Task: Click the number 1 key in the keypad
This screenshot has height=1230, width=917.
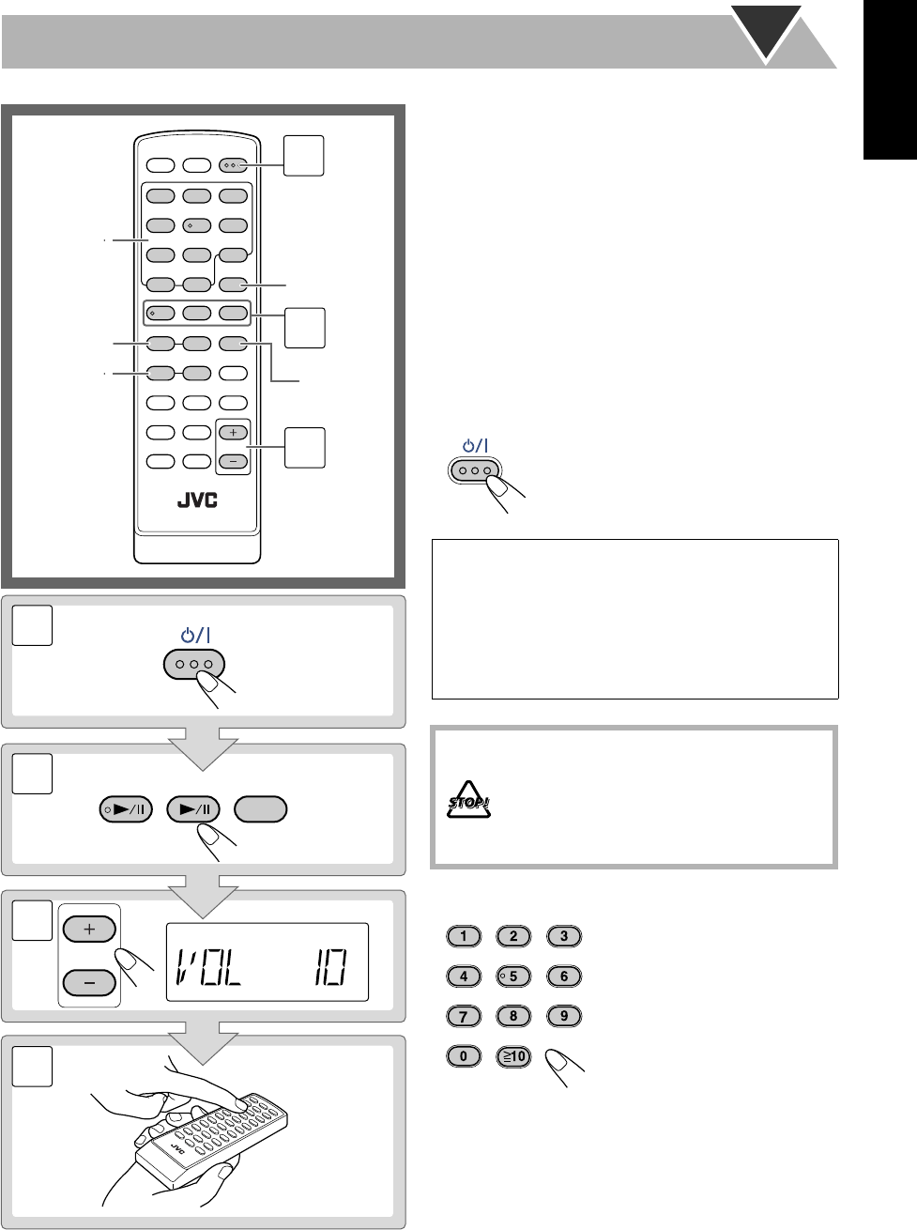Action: (464, 936)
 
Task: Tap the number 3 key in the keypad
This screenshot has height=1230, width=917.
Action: (564, 936)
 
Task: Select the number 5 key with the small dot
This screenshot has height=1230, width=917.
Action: (513, 976)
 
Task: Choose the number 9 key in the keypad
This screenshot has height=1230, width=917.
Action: (564, 1016)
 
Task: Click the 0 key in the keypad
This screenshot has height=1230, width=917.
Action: (464, 1056)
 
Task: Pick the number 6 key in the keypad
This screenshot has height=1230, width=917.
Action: (564, 976)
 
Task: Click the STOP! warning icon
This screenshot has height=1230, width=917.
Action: (469, 803)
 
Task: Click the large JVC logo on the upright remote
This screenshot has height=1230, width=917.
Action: (196, 500)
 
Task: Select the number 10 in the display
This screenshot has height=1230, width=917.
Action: (328, 962)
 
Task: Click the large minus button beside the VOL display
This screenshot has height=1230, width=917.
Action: (89, 982)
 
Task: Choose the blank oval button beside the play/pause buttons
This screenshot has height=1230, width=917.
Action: (262, 809)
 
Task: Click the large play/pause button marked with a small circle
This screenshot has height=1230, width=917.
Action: (125, 809)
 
